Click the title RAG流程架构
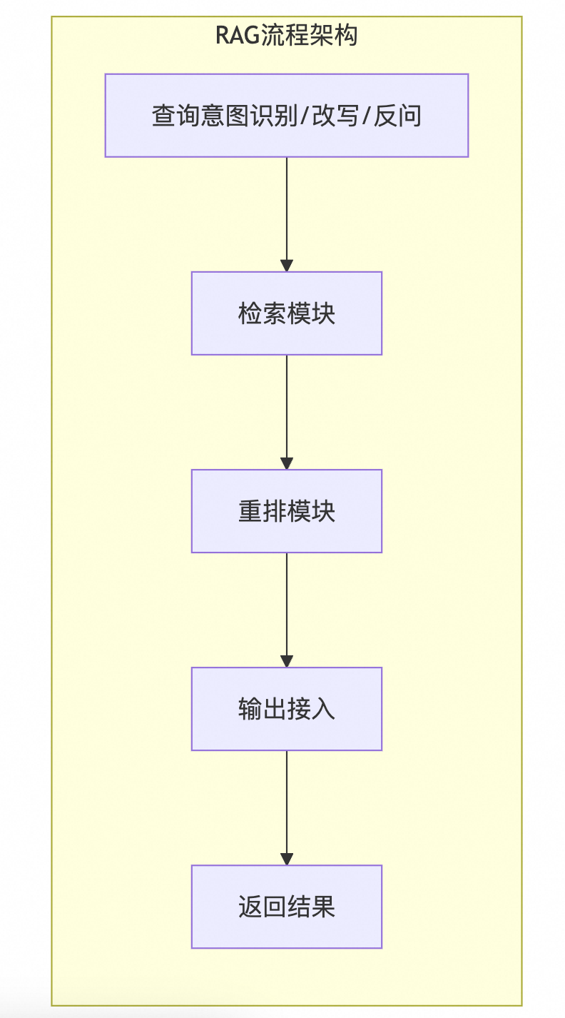pyautogui.click(x=286, y=35)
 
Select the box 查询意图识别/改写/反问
pyautogui.click(x=286, y=116)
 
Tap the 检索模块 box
pyautogui.click(x=286, y=313)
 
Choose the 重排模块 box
pyautogui.click(x=286, y=511)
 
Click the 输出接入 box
pyautogui.click(x=286, y=709)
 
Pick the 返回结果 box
pyautogui.click(x=286, y=907)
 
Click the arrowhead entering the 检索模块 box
pyautogui.click(x=287, y=266)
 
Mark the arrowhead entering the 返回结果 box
pyautogui.click(x=287, y=860)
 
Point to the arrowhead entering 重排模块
pyautogui.click(x=287, y=464)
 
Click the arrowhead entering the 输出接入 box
pyautogui.click(x=287, y=662)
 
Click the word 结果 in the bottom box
pyautogui.click(x=311, y=907)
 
